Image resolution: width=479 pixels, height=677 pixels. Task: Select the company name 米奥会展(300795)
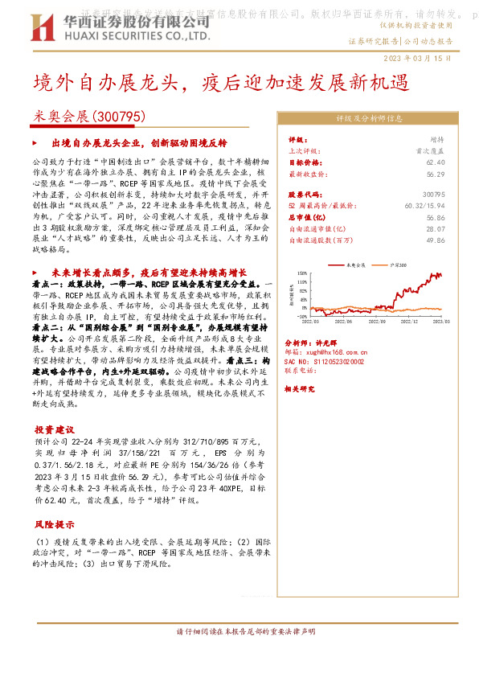89,116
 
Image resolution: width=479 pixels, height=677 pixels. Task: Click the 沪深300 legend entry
399,265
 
